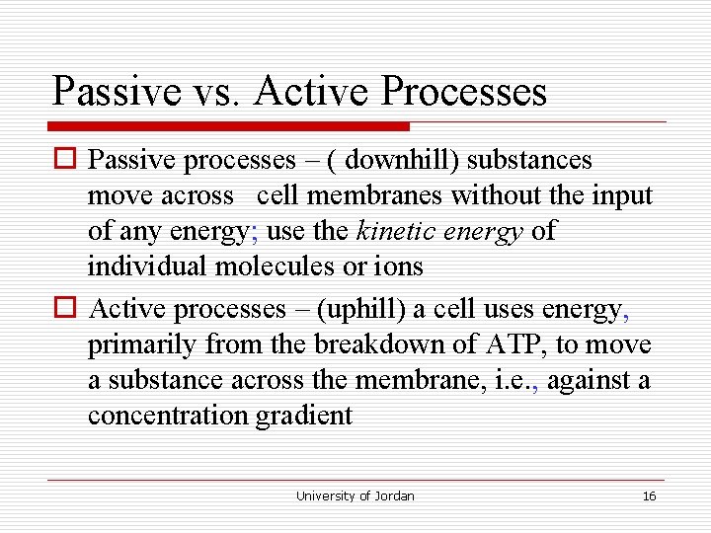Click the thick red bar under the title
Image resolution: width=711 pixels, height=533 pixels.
tap(228, 126)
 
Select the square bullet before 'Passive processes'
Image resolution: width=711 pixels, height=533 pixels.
tap(66, 160)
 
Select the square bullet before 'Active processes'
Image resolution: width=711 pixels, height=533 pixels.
tap(66, 310)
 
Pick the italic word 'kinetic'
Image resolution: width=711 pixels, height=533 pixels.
tap(392, 231)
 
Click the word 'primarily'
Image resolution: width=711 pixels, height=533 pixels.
tap(141, 345)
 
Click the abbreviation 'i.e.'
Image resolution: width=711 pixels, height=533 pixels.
tap(514, 380)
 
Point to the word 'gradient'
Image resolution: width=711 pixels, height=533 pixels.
tap(304, 416)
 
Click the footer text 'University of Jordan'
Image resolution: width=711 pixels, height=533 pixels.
tap(355, 495)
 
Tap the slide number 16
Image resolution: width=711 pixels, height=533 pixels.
tap(649, 495)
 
